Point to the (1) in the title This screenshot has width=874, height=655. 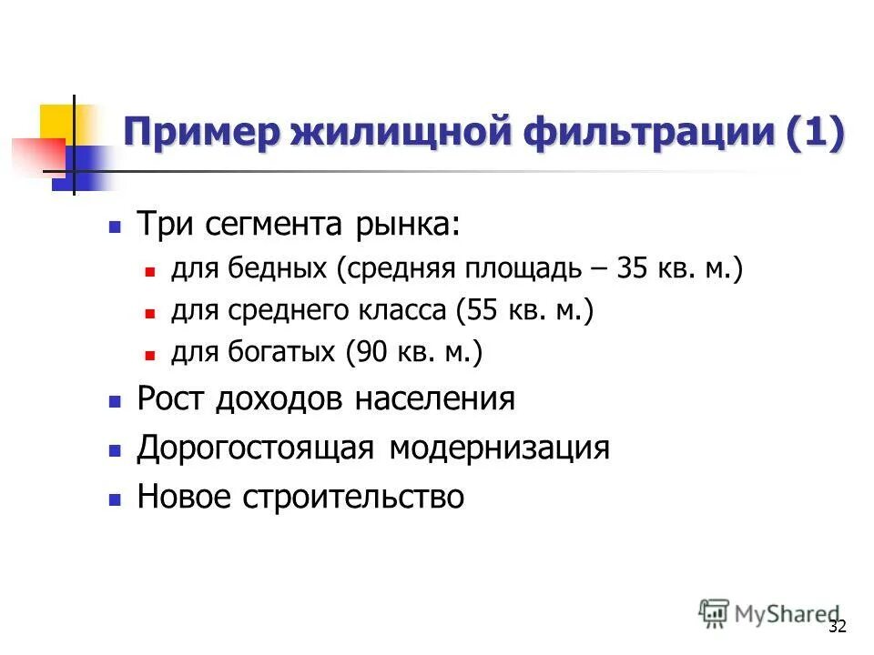(816, 134)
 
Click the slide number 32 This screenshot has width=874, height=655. (838, 627)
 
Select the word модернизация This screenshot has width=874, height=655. (500, 448)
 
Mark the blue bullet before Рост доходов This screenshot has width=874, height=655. (115, 401)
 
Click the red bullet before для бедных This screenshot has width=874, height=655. (152, 271)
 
